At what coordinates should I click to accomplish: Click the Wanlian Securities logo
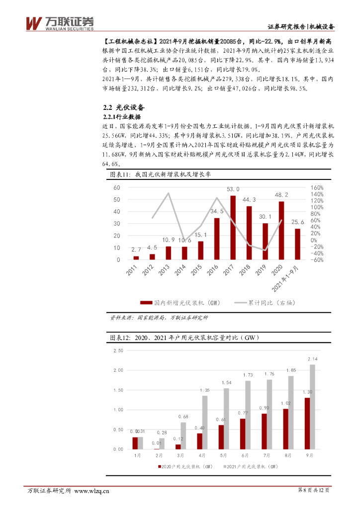coord(59,23)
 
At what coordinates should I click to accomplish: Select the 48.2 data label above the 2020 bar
coord(281,195)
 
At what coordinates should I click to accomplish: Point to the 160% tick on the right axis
coord(317,188)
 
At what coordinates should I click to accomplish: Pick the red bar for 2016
coord(217,239)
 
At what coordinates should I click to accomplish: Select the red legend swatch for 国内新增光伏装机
coord(146,302)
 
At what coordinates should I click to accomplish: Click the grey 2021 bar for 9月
coord(313,407)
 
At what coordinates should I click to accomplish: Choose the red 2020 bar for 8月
coord(286,429)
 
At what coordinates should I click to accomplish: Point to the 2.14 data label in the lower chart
coord(313,359)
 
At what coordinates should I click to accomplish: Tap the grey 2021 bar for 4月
coord(204,423)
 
